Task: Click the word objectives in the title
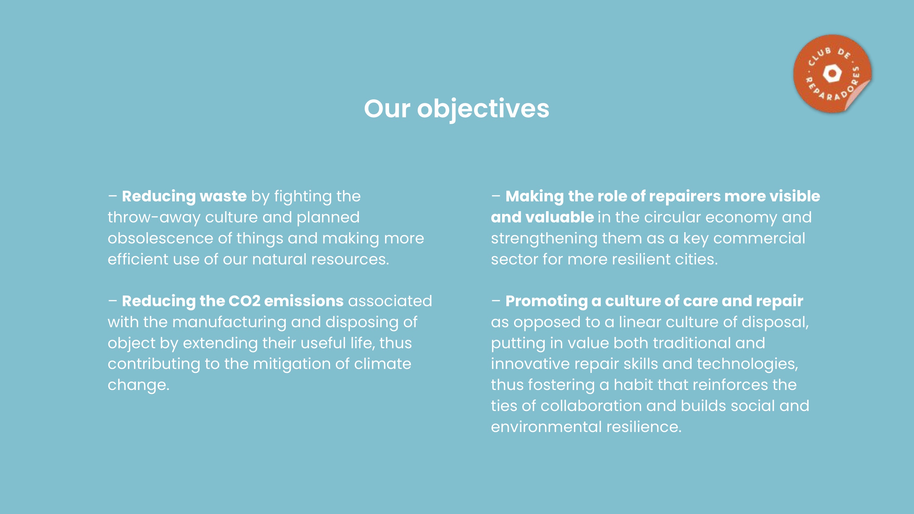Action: pyautogui.click(x=483, y=108)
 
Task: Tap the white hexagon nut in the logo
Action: pyautogui.click(x=832, y=74)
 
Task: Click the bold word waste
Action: pyautogui.click(x=223, y=196)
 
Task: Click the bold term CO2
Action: pyautogui.click(x=244, y=301)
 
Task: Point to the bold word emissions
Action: pyautogui.click(x=304, y=301)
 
